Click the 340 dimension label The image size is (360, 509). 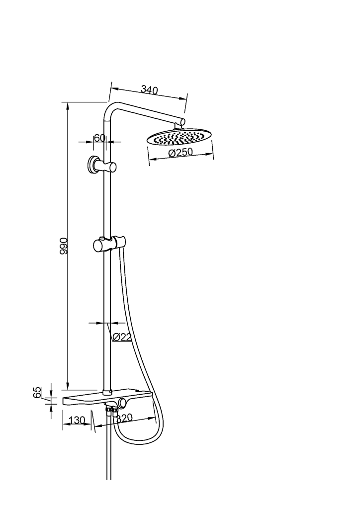tap(149, 89)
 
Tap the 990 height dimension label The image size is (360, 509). tap(64, 246)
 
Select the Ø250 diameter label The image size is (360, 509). tap(181, 152)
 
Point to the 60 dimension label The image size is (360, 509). tap(99, 138)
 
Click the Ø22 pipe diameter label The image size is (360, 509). tap(121, 338)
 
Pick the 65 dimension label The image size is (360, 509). tap(37, 392)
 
